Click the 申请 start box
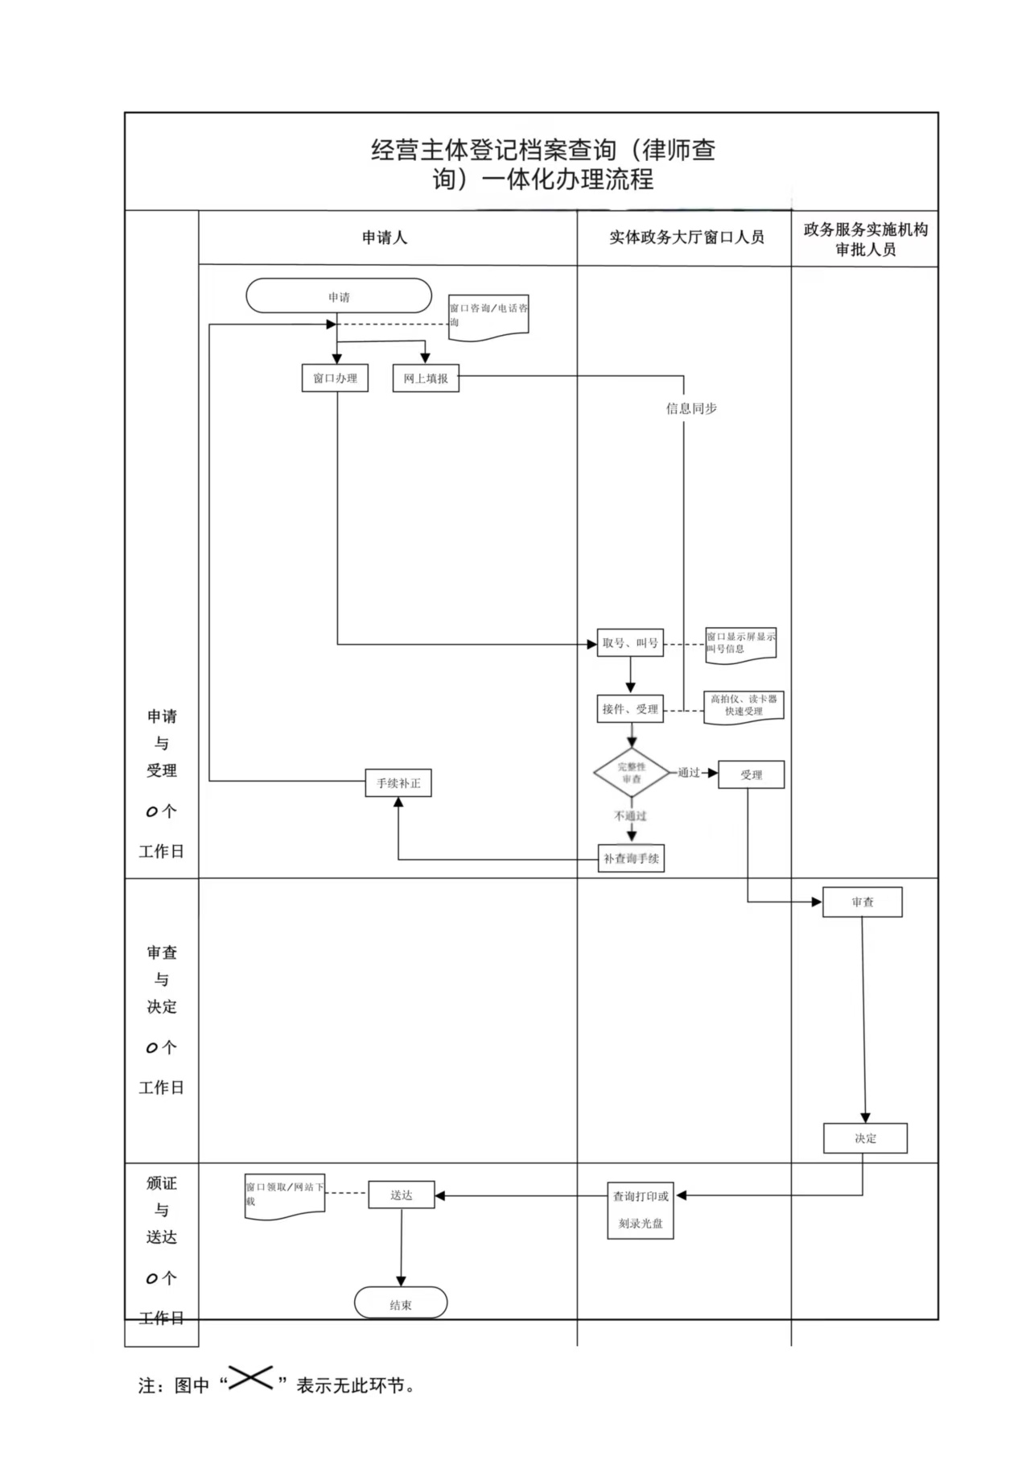point(339,296)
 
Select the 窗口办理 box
point(335,378)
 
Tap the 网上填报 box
point(426,378)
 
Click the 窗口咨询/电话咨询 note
point(488,316)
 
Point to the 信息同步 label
point(691,408)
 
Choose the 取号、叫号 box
point(630,642)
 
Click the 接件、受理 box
point(630,709)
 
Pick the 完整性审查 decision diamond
point(632,773)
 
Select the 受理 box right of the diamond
point(751,774)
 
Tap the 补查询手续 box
point(632,858)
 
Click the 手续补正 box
point(398,782)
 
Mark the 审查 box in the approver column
point(862,902)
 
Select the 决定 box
point(865,1138)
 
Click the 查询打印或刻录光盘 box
point(641,1210)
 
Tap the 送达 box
point(402,1195)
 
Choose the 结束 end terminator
point(401,1304)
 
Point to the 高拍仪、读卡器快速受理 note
point(744,706)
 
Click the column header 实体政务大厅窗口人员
point(686,237)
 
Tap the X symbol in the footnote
point(250,1377)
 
